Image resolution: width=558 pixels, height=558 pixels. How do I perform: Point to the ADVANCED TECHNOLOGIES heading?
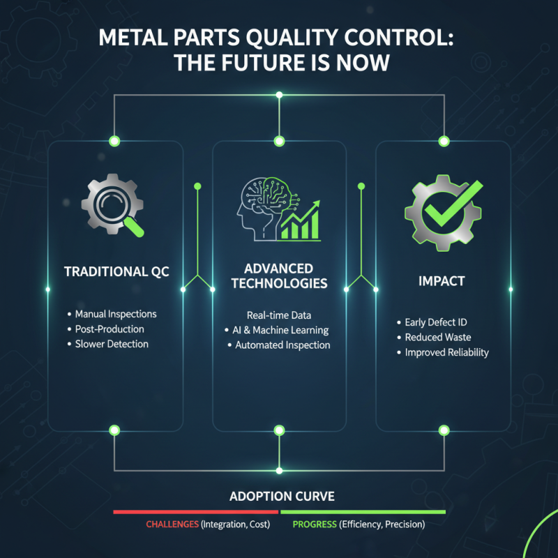279,276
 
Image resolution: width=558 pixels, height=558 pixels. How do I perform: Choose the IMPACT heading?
442,281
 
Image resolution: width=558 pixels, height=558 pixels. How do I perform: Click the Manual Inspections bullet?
116,314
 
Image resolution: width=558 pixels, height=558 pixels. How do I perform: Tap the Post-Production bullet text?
110,329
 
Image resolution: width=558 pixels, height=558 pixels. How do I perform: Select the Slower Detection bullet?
112,344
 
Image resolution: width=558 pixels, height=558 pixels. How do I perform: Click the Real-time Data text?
279,315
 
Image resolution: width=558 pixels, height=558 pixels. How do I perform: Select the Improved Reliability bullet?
447,352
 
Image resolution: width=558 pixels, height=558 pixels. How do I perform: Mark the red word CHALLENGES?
172,525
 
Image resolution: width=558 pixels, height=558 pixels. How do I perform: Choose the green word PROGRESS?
315,525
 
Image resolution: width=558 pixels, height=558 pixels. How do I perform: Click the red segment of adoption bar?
196,511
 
